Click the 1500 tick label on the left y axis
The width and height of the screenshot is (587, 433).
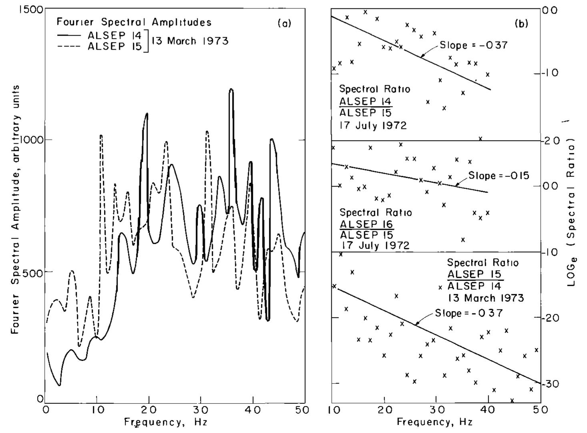pos(30,9)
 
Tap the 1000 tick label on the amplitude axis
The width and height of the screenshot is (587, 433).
pos(31,140)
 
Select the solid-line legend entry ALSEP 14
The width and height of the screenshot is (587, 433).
pos(113,35)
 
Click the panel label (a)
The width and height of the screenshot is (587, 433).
pos(284,23)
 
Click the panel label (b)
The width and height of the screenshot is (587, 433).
pos(521,24)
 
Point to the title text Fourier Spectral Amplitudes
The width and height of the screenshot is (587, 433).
pos(134,22)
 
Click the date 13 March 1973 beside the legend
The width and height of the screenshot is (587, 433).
pos(190,41)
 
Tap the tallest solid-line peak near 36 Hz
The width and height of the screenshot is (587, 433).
pos(231,90)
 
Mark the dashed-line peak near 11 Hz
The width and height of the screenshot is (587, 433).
pos(101,136)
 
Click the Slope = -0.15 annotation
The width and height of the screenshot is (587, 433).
pos(499,175)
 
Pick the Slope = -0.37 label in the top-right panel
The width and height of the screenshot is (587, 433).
pos(473,45)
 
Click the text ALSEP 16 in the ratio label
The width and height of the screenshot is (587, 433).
pos(366,224)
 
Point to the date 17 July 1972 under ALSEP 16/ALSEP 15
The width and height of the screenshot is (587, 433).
pos(375,245)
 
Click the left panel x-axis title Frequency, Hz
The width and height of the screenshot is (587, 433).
pos(165,422)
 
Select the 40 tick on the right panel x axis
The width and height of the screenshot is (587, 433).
pos(488,410)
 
